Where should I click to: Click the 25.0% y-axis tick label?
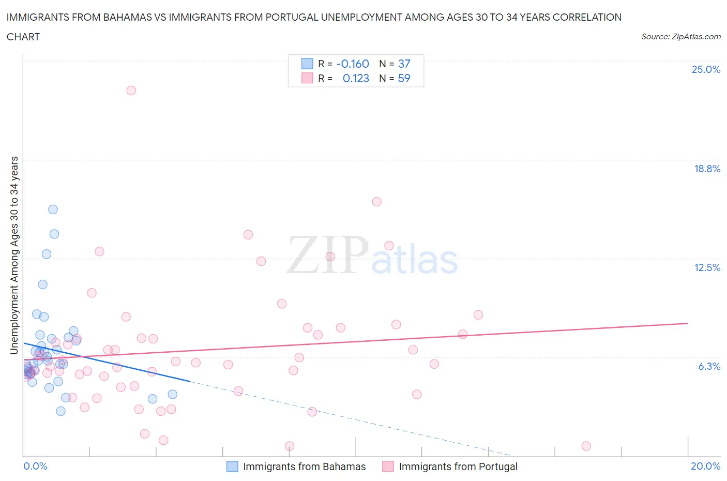pos(706,70)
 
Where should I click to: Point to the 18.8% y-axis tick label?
pos(707,169)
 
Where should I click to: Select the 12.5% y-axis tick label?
pos(707,267)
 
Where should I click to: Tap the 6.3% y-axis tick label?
pos(709,366)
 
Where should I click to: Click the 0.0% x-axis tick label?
pos(35,466)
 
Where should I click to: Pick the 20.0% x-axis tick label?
pos(705,466)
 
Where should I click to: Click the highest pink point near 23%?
pos(131,91)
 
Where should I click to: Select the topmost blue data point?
pos(53,209)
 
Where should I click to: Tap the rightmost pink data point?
pos(586,446)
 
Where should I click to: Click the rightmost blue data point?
pos(173,394)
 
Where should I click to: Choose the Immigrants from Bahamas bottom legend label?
pos(304,467)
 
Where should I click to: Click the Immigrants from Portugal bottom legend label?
pos(458,467)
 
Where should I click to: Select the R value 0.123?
pos(356,78)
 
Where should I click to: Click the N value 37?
pos(404,64)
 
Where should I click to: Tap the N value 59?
pos(404,78)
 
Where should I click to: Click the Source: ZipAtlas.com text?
pos(680,37)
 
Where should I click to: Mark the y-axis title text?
pos(14,255)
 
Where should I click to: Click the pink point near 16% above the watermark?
pos(376,202)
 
